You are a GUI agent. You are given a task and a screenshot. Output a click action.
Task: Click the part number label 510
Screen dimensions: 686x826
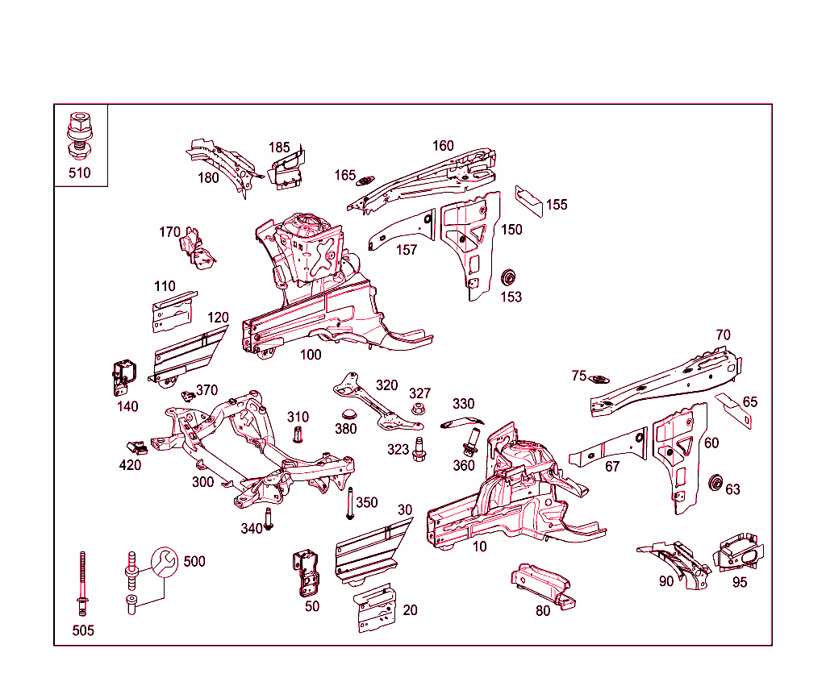79,173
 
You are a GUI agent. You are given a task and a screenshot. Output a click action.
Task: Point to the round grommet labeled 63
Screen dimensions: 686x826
714,484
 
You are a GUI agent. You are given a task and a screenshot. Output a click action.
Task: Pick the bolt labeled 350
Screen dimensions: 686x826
350,505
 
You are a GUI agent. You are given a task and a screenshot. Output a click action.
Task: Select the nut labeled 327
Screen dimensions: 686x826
418,410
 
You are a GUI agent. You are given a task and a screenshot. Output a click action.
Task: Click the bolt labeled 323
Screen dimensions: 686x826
419,449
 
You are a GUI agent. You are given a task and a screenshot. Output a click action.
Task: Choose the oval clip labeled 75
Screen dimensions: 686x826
599,379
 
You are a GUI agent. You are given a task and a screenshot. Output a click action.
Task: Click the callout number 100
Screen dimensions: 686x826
311,355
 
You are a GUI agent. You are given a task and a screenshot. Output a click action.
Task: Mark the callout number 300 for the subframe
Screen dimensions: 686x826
202,482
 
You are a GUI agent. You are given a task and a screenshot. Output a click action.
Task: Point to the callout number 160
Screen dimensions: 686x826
443,146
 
